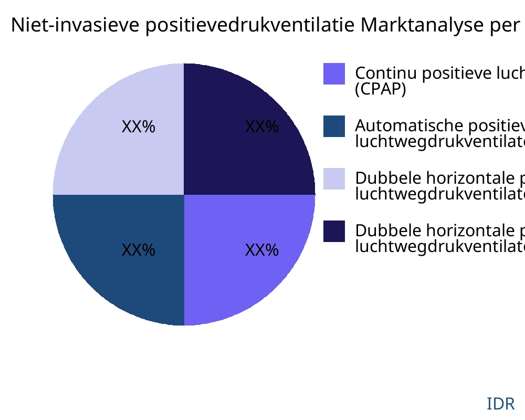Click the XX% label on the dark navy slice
pos(261,127)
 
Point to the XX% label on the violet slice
pos(261,250)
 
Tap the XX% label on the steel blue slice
pos(138,250)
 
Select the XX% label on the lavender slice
pos(138,127)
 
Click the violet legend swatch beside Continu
pos(334,73)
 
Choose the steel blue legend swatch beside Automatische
pos(334,126)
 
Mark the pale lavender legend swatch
pos(334,178)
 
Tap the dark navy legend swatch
pos(334,231)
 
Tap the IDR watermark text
pos(500,404)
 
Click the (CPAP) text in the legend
pos(381,89)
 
